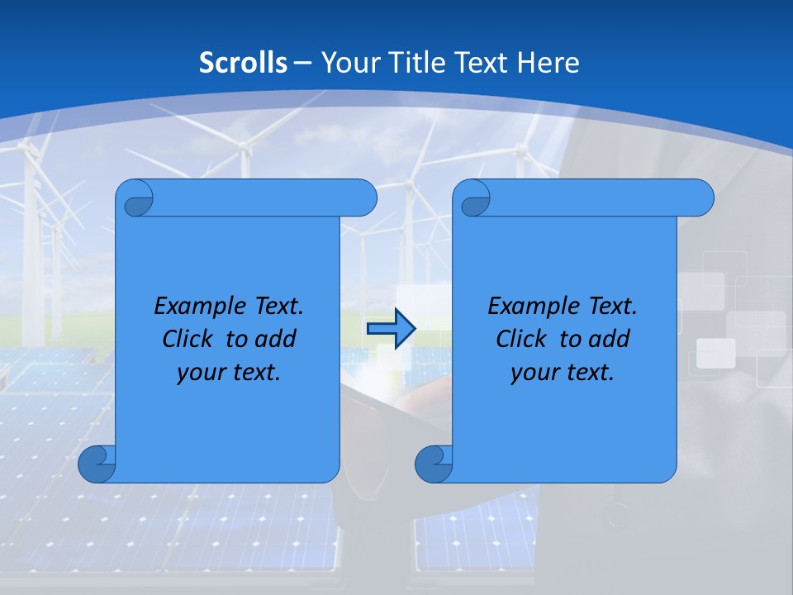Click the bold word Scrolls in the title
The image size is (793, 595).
click(243, 63)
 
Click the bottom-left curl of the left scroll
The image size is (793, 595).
click(97, 464)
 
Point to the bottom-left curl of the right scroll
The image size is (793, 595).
click(434, 464)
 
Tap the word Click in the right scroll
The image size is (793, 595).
click(521, 339)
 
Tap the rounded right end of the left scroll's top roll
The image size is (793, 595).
click(364, 198)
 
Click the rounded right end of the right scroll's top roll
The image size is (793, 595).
click(701, 198)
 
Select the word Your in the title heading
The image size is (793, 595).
click(348, 63)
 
